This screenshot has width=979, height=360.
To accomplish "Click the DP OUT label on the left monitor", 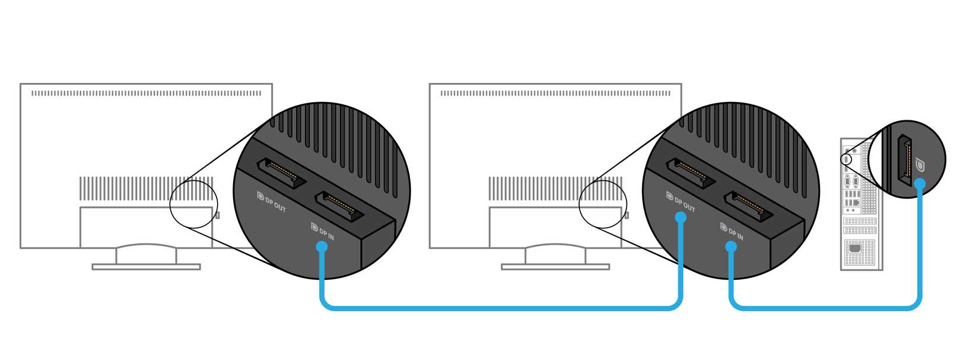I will coord(272,202).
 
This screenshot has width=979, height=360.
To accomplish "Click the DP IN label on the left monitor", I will coord(323,232).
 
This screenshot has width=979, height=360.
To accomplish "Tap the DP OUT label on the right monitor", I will coord(681,202).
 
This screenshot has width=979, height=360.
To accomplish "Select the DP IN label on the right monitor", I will coord(732,232).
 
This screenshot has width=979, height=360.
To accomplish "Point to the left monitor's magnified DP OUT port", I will coord(281,173).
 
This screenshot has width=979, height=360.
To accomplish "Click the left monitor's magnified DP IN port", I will coord(336,206).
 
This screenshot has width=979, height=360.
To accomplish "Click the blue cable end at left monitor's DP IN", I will coord(322,247).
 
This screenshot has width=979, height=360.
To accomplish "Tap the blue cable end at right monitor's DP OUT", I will coord(681,218).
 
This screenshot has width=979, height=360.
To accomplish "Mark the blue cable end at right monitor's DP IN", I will coord(732,246).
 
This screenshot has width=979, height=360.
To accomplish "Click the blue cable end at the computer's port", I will coord(920,184).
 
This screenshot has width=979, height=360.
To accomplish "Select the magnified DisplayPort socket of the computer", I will coord(904,160).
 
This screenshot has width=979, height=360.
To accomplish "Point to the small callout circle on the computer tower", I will coord(846,159).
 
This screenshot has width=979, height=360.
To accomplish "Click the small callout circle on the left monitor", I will coord(191,205).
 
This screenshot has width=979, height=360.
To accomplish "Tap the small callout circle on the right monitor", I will coord(600,205).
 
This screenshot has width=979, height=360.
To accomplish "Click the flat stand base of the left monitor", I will coord(146,267).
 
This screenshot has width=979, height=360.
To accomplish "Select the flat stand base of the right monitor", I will coord(555,267).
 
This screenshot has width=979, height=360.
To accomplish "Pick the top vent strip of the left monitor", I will coord(146,93).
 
